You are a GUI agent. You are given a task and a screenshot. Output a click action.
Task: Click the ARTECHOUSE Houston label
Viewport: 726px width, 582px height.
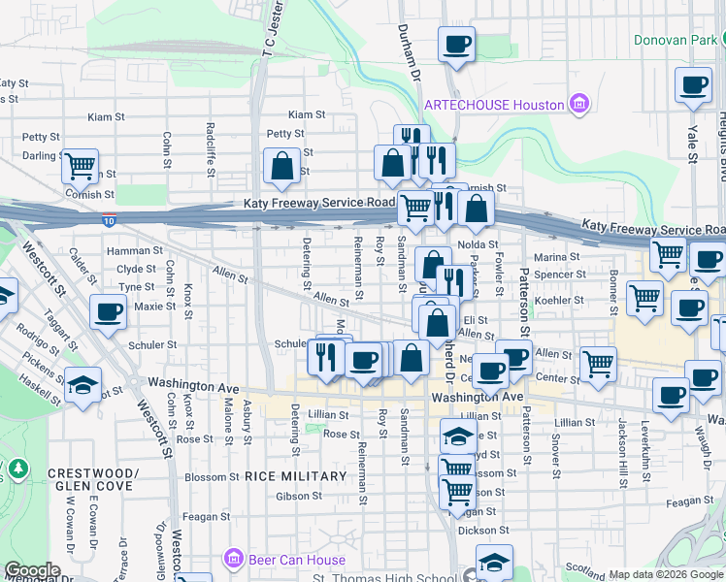tap(494, 105)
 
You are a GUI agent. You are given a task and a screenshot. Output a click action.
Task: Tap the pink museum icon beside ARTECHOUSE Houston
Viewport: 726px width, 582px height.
tap(579, 103)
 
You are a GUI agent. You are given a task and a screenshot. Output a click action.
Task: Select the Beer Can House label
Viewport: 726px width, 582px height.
tap(284, 559)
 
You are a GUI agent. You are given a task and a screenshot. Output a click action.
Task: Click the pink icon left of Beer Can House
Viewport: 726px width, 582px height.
tap(233, 559)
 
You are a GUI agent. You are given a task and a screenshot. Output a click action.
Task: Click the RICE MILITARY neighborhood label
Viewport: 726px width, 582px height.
tap(295, 476)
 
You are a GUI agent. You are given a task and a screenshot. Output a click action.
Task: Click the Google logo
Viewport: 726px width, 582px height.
tap(32, 570)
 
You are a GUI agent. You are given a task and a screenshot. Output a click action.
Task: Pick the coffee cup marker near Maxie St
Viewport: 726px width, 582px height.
tap(108, 311)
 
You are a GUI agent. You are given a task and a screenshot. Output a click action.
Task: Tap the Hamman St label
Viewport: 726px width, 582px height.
tap(136, 250)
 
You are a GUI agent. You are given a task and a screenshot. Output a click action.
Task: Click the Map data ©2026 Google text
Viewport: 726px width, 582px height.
tap(665, 574)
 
